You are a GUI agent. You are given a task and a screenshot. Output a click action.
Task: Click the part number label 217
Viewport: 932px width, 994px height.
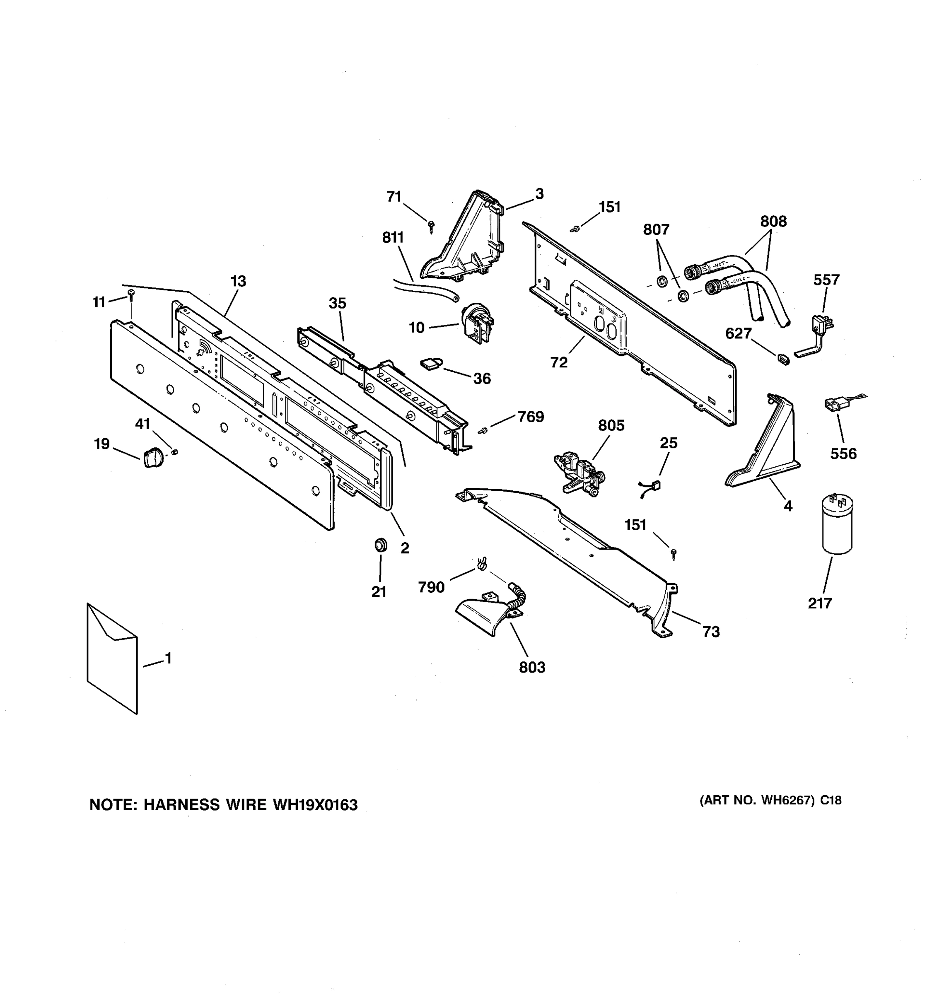[820, 603]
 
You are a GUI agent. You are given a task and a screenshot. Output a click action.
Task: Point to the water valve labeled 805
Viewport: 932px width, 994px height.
[579, 473]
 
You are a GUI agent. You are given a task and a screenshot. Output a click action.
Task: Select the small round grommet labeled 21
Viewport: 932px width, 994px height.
[381, 545]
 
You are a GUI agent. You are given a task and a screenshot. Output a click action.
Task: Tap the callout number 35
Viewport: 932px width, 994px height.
[338, 303]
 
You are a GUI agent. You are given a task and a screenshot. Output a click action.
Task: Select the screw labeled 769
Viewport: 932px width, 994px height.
[483, 430]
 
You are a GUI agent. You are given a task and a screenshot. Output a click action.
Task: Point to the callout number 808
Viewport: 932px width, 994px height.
[773, 221]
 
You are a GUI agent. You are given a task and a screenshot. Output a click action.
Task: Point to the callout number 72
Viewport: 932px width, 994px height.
[559, 362]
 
